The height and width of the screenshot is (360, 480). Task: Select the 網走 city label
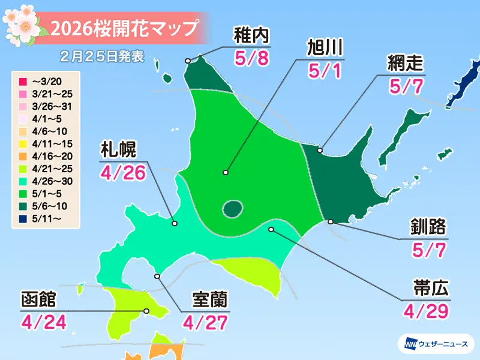(x=406, y=63)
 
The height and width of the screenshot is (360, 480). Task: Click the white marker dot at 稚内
(x=188, y=61)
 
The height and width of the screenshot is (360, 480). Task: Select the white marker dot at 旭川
(x=226, y=173)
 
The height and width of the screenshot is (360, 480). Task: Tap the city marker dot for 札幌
(x=175, y=223)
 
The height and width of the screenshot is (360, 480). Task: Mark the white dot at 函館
(x=146, y=311)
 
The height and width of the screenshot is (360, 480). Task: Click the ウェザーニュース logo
(x=437, y=343)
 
